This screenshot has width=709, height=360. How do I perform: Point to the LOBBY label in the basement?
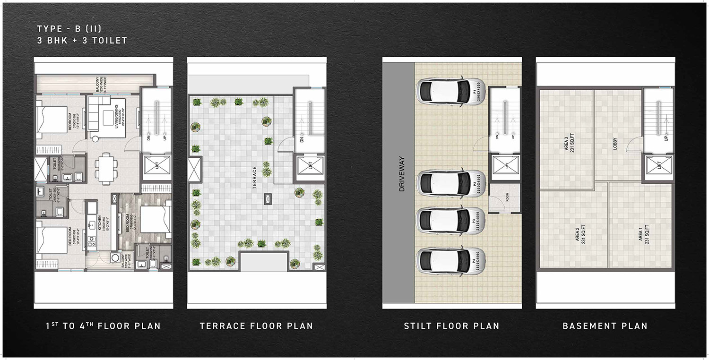[x=615, y=144]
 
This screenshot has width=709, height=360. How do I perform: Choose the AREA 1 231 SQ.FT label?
[x=644, y=234]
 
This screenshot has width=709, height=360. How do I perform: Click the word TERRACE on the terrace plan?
[x=254, y=177]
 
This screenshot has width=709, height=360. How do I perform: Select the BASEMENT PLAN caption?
[x=605, y=326]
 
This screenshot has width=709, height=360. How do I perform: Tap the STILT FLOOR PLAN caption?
[x=451, y=326]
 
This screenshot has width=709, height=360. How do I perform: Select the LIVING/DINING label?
[x=122, y=111]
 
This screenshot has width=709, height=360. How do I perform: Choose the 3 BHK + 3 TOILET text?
[x=82, y=41]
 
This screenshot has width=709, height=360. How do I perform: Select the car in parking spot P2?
[x=442, y=182]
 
